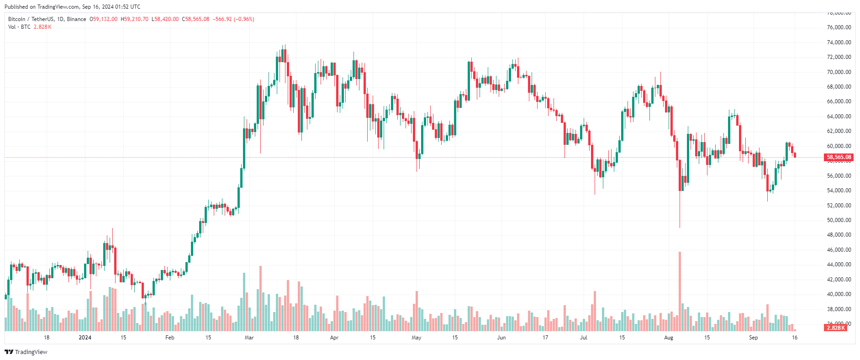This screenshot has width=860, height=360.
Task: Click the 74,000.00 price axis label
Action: [839, 42]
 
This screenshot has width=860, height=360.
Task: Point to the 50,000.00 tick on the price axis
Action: [839, 220]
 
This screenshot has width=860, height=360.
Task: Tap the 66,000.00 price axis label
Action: [839, 101]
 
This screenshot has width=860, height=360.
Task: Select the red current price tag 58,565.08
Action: [839, 157]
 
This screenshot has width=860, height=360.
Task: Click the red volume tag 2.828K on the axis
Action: [836, 328]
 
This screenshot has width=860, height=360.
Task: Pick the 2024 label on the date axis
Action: [85, 338]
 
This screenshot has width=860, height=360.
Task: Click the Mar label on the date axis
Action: [249, 338]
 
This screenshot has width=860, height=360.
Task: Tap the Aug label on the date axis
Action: [669, 338]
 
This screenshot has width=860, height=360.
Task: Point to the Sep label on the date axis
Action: [753, 338]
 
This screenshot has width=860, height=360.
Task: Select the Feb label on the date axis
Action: [170, 338]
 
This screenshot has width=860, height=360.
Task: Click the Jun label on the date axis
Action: [501, 338]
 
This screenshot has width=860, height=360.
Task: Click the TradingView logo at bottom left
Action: [26, 352]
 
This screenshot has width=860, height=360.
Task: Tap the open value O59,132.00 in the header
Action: [104, 19]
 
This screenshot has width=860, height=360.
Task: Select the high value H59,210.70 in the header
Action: [135, 19]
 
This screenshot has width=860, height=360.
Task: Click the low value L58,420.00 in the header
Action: [165, 19]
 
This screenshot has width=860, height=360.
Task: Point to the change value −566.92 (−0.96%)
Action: [233, 19]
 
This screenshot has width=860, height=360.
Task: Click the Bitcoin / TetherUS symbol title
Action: [31, 19]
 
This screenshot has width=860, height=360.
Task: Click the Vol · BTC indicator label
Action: [19, 27]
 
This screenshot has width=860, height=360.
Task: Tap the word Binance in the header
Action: [76, 19]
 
